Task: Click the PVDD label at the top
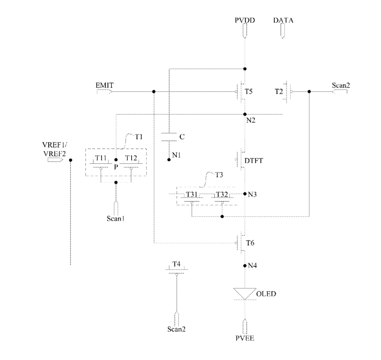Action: click(x=245, y=20)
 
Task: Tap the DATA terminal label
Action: click(x=283, y=20)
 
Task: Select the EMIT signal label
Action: click(x=104, y=85)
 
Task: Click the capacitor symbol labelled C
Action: click(x=169, y=137)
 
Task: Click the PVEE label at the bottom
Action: click(x=245, y=338)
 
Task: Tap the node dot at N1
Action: click(x=169, y=160)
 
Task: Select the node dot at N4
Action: click(x=245, y=266)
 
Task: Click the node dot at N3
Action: click(x=245, y=193)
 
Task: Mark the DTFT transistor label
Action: click(x=254, y=161)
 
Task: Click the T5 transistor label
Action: click(x=248, y=92)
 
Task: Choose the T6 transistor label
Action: click(x=250, y=243)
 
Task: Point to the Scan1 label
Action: click(x=116, y=219)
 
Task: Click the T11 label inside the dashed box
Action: click(x=101, y=158)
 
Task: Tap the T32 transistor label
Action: click(x=222, y=194)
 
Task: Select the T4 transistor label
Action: click(x=176, y=264)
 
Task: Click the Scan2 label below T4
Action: click(x=176, y=329)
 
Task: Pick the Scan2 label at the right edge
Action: click(x=341, y=85)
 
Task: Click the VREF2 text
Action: click(x=54, y=154)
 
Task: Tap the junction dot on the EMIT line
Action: click(x=153, y=92)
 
